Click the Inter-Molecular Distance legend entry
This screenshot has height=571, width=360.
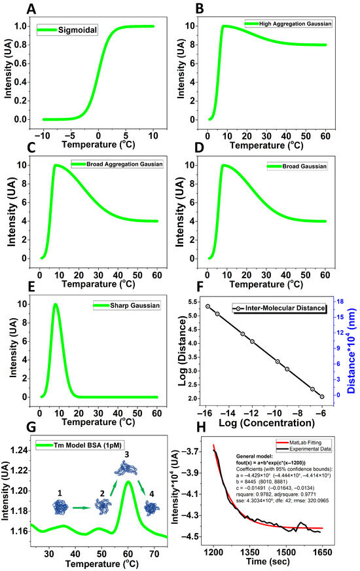click(x=281, y=308)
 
